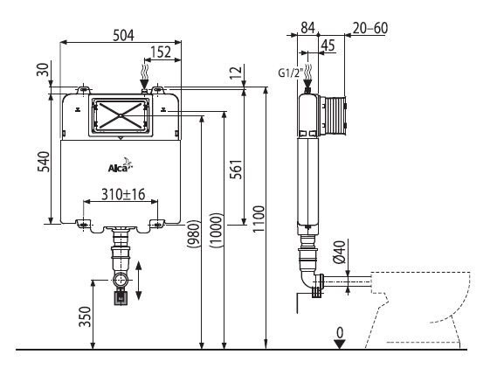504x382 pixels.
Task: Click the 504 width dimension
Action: pyautogui.click(x=123, y=35)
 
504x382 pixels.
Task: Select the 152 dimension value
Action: pyautogui.click(x=161, y=52)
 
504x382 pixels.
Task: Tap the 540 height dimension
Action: pyautogui.click(x=44, y=162)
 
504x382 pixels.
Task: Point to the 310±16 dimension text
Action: pyautogui.click(x=123, y=194)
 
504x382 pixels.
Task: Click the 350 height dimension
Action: pyautogui.click(x=85, y=316)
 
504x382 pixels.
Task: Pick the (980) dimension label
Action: pyautogui.click(x=194, y=233)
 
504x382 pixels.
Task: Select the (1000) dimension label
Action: pyautogui.click(x=216, y=230)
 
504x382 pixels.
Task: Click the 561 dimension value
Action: pyautogui.click(x=236, y=170)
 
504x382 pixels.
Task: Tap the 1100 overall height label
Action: pyautogui.click(x=259, y=219)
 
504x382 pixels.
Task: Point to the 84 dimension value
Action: pyautogui.click(x=308, y=28)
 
